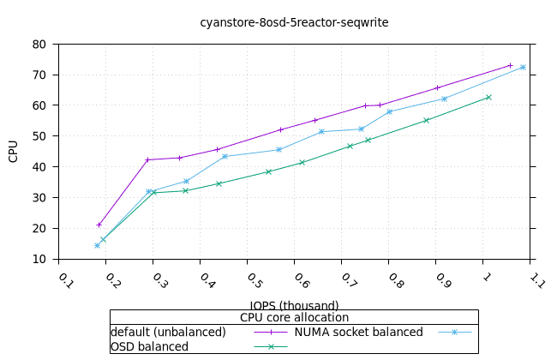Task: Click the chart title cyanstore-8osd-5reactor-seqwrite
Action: [294, 22]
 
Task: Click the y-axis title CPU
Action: [13, 152]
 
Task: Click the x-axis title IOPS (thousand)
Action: [294, 305]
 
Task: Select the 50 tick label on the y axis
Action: [39, 136]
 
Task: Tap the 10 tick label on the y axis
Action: [39, 259]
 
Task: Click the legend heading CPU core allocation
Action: [294, 317]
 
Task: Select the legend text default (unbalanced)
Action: [168, 332]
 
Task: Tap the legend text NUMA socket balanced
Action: [358, 332]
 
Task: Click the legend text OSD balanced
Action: [149, 346]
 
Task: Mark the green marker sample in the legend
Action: [271, 346]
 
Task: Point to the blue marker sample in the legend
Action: [454, 332]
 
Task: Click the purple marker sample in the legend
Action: [271, 332]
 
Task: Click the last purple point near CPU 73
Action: [510, 65]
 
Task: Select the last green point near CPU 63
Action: [488, 97]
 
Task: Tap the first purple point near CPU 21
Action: [99, 225]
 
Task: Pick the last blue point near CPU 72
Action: [523, 67]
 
